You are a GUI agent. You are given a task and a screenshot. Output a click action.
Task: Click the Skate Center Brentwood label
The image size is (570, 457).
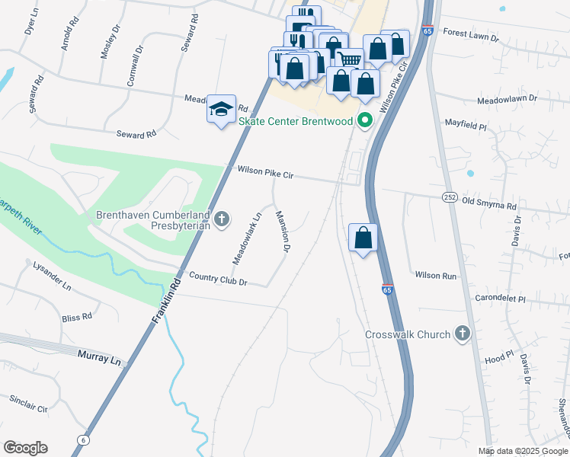(296, 122)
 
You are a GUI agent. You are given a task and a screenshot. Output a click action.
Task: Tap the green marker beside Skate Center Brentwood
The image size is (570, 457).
(365, 120)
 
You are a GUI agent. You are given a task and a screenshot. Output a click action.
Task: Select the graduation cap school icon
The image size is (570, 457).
(221, 110)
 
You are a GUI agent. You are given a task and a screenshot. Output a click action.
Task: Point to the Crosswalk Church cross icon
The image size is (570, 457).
(462, 334)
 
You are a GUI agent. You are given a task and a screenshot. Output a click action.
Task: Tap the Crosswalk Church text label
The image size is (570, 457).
(408, 334)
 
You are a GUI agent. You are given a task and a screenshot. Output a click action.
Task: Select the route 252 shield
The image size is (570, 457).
(449, 197)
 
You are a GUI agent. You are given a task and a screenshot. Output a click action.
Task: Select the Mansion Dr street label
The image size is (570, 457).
(283, 232)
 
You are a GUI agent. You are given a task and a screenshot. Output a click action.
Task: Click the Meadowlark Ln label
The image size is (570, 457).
(246, 238)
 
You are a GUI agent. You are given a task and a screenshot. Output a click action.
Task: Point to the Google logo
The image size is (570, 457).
(25, 448)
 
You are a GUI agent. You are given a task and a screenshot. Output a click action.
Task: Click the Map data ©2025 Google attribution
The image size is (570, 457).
(522, 451)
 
